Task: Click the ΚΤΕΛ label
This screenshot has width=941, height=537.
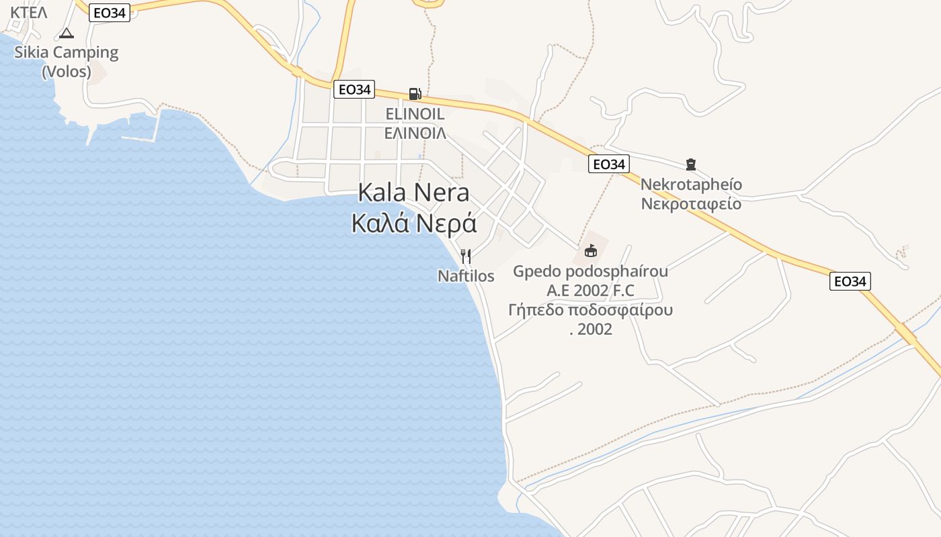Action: [29, 12]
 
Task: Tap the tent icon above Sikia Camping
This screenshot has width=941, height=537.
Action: [66, 33]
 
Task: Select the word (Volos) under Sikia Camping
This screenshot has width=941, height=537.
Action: [67, 71]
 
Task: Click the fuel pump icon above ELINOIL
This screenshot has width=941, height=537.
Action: [415, 94]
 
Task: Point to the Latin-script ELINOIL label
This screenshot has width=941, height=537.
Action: [415, 114]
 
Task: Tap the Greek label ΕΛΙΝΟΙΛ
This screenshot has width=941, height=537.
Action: [415, 133]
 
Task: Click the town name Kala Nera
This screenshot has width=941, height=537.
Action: [413, 193]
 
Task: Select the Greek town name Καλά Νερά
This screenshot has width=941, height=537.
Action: [413, 223]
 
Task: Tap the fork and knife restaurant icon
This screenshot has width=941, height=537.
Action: [465, 256]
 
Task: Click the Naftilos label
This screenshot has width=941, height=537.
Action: [466, 276]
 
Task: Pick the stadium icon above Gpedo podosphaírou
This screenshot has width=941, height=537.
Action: [591, 251]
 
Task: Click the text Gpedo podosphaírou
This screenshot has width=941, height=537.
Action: [590, 271]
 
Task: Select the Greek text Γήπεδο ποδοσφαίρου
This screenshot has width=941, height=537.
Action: [590, 310]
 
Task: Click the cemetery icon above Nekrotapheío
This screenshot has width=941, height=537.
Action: [690, 164]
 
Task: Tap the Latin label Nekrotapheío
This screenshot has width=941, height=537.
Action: [691, 185]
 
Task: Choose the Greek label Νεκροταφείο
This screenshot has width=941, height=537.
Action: [691, 203]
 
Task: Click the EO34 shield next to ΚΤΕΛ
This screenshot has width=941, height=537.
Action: [109, 13]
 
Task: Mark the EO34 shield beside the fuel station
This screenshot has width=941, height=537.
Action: [354, 89]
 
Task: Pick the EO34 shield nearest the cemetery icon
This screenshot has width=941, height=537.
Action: [608, 164]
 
